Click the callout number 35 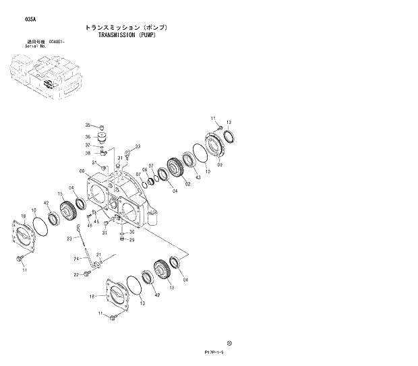click(87, 125)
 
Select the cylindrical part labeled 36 click(103, 137)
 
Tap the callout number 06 click(145, 170)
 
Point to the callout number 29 click(131, 240)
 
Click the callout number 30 click(131, 233)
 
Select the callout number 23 click(69, 239)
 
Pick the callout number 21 click(98, 255)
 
